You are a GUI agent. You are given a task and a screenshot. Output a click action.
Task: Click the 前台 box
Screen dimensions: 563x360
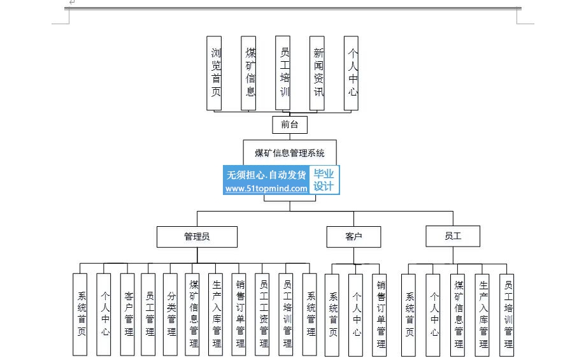click(289, 125)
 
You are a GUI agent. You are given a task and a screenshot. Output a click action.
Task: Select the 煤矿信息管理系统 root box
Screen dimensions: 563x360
click(290, 153)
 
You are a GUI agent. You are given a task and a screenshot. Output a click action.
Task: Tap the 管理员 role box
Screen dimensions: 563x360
click(197, 237)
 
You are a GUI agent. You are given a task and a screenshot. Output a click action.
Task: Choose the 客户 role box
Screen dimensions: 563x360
click(353, 237)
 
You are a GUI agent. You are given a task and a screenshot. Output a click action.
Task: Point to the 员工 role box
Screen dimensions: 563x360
click(453, 236)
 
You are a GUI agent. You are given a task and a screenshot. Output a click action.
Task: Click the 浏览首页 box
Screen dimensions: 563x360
click(214, 73)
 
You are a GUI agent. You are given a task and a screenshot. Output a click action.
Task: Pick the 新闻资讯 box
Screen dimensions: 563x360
click(317, 73)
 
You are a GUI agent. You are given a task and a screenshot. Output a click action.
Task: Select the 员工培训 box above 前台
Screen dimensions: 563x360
click(283, 73)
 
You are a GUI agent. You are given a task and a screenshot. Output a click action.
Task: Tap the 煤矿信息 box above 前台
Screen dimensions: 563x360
click(248, 73)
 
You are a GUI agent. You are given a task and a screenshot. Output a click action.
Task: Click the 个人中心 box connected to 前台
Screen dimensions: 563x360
click(351, 73)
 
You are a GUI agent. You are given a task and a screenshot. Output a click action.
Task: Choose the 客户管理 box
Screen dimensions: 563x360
click(127, 315)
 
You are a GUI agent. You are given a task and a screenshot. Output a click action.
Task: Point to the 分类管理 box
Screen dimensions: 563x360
click(170, 315)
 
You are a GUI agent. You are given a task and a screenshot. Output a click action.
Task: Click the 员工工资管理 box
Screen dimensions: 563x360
click(262, 315)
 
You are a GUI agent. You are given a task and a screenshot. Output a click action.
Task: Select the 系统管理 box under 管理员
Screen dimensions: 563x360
click(310, 315)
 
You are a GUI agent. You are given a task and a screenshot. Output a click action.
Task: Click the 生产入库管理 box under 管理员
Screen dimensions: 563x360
click(215, 315)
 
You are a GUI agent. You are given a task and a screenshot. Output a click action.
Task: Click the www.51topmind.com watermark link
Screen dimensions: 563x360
click(266, 189)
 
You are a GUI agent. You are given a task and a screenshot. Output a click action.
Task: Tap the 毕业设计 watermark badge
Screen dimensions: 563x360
click(324, 180)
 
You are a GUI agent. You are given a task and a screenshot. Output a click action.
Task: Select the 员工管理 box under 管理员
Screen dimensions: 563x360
click(148, 315)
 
